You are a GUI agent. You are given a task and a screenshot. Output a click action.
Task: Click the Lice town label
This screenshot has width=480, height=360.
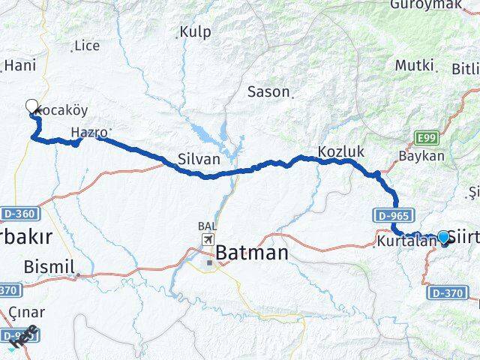[x=87, y=46]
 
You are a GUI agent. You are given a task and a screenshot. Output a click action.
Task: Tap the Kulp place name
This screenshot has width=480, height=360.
[x=195, y=32]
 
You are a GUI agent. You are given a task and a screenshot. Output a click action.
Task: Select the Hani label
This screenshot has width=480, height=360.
[x=20, y=66]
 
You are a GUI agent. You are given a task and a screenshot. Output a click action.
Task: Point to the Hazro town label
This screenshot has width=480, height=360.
[x=88, y=133]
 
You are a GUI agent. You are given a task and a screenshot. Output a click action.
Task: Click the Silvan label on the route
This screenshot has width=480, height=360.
[x=199, y=159]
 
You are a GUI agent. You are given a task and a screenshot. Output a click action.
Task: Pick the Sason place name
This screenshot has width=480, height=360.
[x=268, y=91]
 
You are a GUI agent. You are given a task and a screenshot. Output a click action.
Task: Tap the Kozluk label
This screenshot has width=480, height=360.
[x=340, y=151]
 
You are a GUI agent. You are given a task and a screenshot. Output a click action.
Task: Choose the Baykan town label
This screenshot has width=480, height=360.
[x=421, y=157]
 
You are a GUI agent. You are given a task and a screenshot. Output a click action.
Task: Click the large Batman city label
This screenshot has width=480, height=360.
[x=252, y=253]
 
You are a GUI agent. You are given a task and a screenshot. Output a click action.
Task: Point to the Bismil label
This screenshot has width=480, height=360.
[x=49, y=266]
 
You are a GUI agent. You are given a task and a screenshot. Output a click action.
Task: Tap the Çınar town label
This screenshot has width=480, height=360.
[x=22, y=311]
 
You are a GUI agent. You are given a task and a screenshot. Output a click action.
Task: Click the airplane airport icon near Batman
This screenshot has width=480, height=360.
[x=207, y=240]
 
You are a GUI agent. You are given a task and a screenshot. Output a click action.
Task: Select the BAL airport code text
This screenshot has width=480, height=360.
[x=207, y=225]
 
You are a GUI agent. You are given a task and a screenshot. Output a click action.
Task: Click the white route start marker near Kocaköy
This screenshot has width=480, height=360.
[x=32, y=106]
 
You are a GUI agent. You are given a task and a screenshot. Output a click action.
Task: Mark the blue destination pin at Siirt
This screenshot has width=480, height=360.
[x=443, y=238]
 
